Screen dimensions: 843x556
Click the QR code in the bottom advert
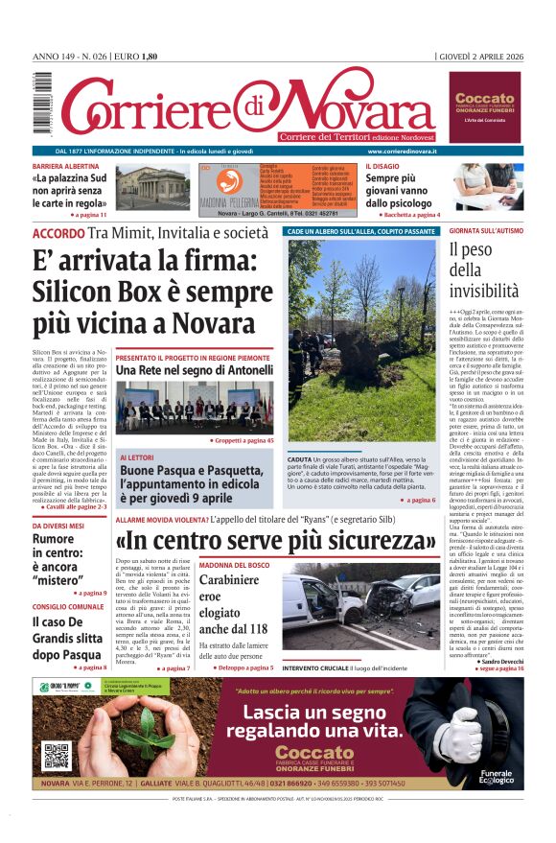[x=57, y=755]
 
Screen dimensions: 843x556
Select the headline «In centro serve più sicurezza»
[x=276, y=541]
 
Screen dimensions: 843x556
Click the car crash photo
[x=361, y=610]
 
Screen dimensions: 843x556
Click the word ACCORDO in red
[x=58, y=233]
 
